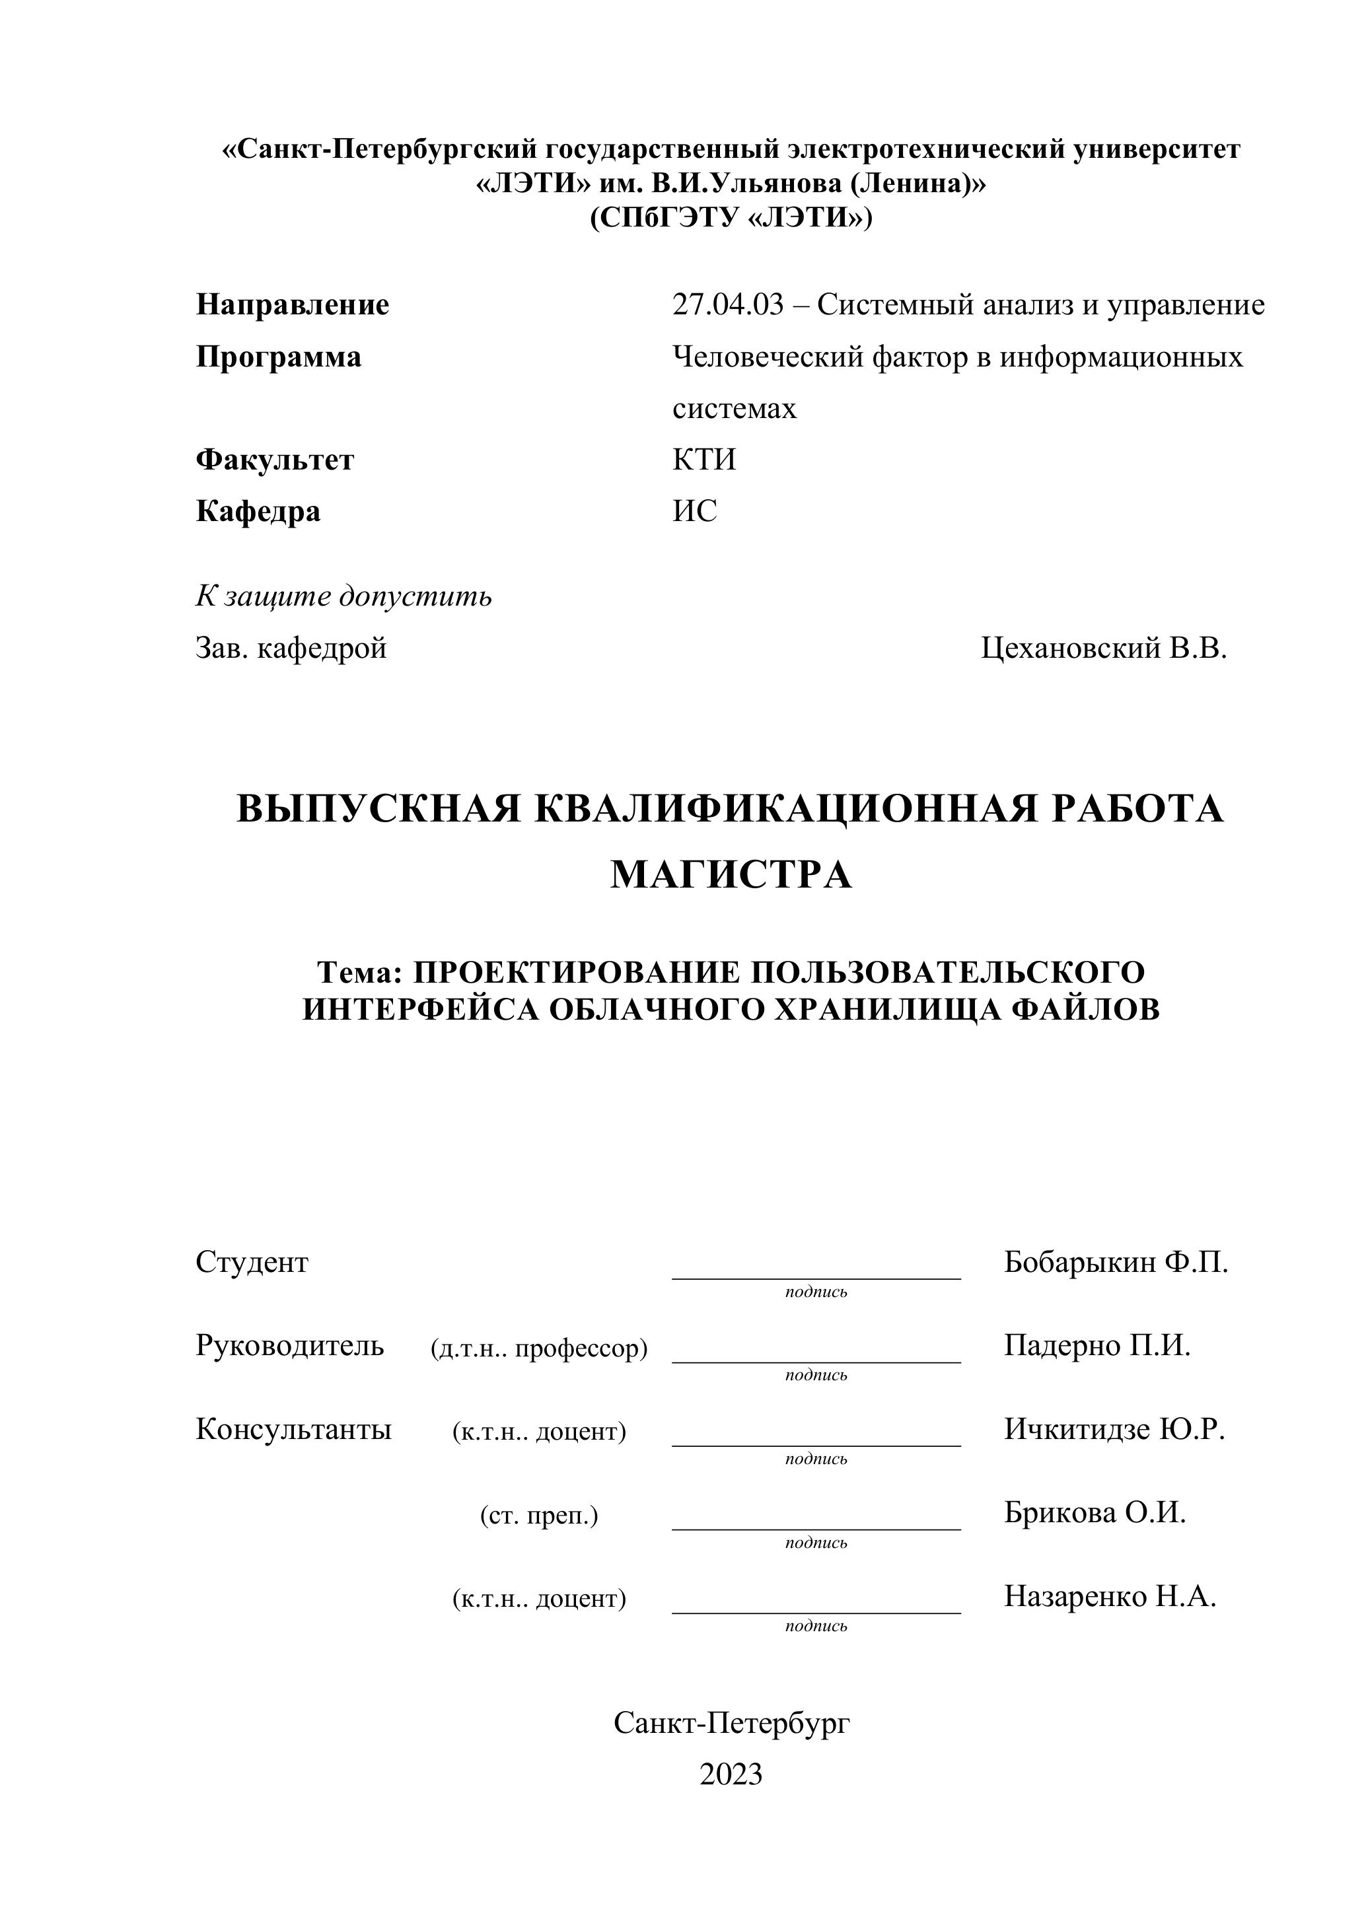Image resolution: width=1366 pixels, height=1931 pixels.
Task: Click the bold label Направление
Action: click(x=292, y=304)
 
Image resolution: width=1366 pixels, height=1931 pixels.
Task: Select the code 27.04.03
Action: click(x=727, y=304)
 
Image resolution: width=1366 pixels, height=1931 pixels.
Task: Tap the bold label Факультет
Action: click(x=274, y=460)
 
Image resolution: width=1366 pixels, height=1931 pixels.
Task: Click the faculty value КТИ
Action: click(x=704, y=460)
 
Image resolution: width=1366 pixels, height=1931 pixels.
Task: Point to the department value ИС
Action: click(x=695, y=511)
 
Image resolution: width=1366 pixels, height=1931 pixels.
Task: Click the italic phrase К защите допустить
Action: click(x=343, y=596)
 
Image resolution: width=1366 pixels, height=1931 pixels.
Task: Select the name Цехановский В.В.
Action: click(x=1104, y=648)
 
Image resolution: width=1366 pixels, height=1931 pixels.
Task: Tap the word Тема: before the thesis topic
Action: click(x=360, y=972)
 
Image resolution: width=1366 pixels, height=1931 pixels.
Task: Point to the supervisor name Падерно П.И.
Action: click(x=1097, y=1346)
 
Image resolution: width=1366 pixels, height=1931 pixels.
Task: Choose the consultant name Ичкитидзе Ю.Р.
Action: click(x=1114, y=1429)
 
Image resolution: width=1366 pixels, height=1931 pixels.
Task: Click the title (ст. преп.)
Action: click(x=539, y=1516)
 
